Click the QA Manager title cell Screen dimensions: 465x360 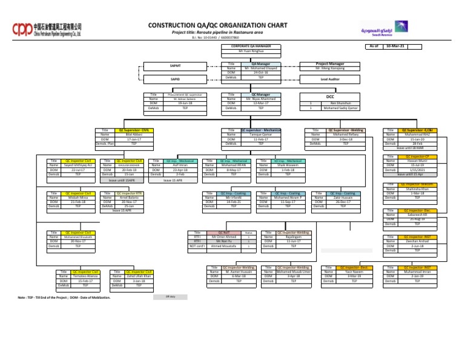260,63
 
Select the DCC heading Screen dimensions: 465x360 330,96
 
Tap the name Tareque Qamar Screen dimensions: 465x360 260,135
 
